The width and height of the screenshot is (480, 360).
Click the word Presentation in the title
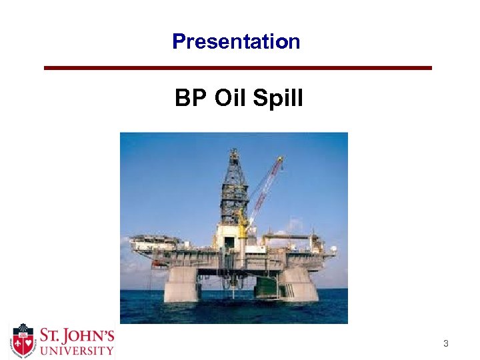(x=236, y=42)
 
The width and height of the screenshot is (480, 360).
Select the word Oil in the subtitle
(x=229, y=99)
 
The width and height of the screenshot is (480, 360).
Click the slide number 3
(x=446, y=344)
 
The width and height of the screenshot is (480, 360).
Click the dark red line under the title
(x=238, y=68)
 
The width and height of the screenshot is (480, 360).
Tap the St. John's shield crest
(x=23, y=340)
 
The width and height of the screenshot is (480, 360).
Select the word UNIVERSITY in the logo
(x=75, y=349)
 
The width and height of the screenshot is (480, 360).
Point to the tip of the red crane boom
(x=281, y=159)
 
